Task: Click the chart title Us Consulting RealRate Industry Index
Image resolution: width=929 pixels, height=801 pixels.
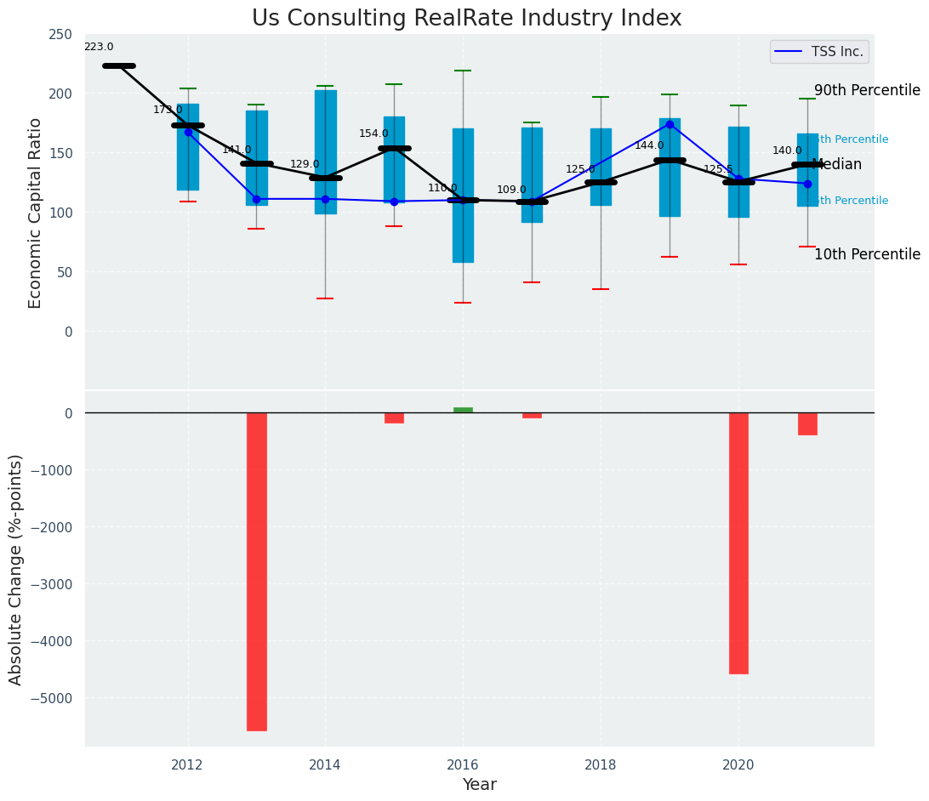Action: click(x=466, y=19)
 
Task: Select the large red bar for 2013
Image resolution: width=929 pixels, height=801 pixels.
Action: click(x=257, y=571)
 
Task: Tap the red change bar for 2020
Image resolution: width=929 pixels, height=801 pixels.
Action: click(x=738, y=543)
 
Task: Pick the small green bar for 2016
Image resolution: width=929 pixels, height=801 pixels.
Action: click(x=463, y=410)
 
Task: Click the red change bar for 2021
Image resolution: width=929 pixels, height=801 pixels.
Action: click(x=807, y=423)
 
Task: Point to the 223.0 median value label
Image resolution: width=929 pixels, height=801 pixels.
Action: click(x=99, y=48)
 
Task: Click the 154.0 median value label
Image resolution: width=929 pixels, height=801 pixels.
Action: click(x=373, y=134)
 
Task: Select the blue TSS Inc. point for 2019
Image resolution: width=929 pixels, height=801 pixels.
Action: click(x=670, y=124)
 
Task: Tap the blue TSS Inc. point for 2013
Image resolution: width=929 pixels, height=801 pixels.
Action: click(x=256, y=199)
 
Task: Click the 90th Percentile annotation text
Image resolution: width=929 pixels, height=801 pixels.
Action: click(x=867, y=91)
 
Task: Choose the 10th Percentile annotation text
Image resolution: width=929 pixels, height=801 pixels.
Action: click(x=867, y=255)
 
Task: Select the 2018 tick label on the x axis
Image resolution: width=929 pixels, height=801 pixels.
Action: click(x=601, y=765)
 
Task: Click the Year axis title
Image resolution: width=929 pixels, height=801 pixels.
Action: click(x=480, y=785)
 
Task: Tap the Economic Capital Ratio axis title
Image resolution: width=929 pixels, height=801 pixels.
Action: click(x=36, y=213)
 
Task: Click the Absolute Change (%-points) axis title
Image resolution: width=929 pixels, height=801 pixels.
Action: click(x=16, y=569)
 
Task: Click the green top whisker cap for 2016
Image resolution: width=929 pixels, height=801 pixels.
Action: click(x=463, y=71)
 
